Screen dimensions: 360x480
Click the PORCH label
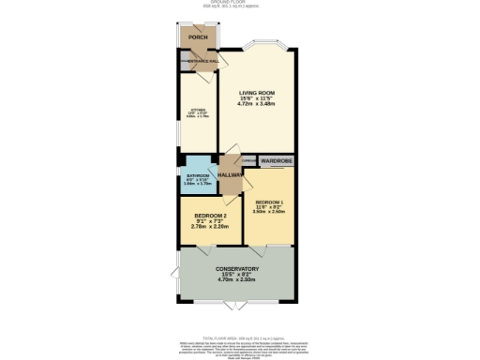tap(197, 37)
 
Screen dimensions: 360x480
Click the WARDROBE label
tap(277, 161)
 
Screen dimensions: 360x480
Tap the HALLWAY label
tap(231, 174)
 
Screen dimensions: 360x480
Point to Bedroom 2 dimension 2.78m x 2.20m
tap(210, 226)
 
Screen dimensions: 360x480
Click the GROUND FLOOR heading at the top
tap(239, 3)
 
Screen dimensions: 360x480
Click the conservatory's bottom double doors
tap(236, 306)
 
